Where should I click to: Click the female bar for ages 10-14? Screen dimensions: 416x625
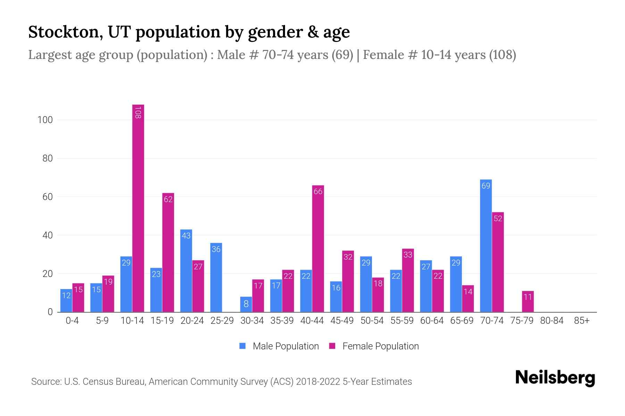[138, 208]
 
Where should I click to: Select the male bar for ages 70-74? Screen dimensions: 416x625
[486, 246]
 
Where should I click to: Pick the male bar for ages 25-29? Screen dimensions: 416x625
[216, 277]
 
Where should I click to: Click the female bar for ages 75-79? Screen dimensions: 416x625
[528, 302]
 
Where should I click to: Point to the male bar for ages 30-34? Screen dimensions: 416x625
[246, 304]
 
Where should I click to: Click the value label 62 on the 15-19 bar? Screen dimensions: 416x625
[168, 199]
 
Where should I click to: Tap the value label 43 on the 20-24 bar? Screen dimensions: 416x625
[186, 236]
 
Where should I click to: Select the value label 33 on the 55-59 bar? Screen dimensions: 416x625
[408, 255]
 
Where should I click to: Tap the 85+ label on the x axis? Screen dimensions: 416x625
[582, 321]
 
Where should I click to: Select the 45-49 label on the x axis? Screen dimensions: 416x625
[342, 321]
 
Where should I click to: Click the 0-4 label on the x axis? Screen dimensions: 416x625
[72, 321]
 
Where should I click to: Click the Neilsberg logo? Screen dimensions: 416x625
[555, 378]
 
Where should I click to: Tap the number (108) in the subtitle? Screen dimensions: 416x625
[502, 55]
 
